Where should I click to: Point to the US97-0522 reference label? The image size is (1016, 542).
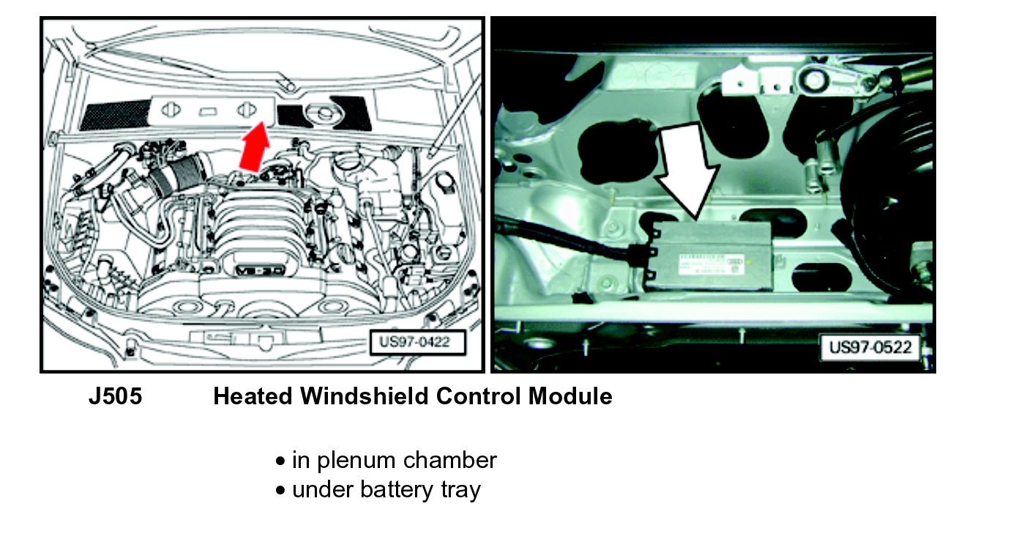coord(870,346)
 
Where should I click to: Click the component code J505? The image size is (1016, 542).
coord(115,397)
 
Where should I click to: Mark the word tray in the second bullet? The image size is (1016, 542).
coord(460,489)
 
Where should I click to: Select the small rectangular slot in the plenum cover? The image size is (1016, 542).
coord(208,111)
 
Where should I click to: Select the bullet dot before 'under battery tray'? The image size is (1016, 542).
coord(280,490)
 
